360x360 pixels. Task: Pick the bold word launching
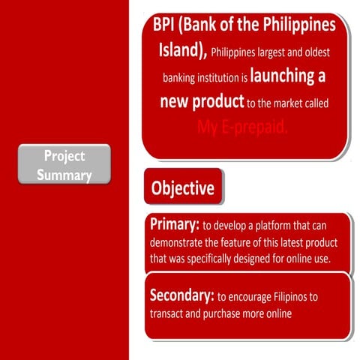[x=288, y=76]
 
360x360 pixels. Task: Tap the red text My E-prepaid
[x=242, y=126]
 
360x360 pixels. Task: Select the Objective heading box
[x=183, y=187]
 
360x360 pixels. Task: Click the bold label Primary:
[x=175, y=225]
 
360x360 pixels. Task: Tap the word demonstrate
[x=181, y=243]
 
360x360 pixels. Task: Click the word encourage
[x=249, y=296]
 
